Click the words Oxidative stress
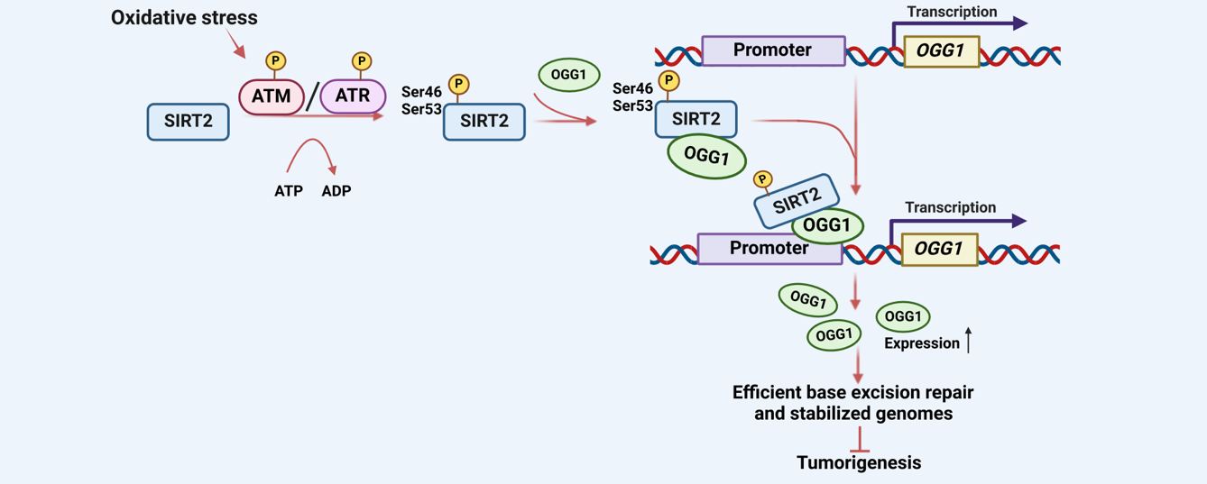pos(184,17)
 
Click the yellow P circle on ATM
pos(276,60)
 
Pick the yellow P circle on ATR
pos(361,60)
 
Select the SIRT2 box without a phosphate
pos(188,122)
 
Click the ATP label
pos(289,191)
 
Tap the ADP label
pos(336,191)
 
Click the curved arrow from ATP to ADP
pos(312,149)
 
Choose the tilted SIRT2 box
pos(796,200)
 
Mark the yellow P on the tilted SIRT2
pos(763,179)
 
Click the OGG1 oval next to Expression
pos(903,316)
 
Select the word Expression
pos(921,343)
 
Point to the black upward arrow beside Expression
pos(969,341)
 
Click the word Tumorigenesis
pos(859,462)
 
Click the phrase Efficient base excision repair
pos(852,393)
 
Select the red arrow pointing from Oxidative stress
pos(235,42)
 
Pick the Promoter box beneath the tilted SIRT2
pos(769,248)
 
